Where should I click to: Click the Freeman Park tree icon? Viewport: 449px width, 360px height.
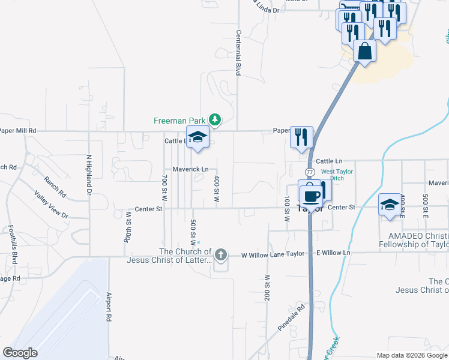(214, 121)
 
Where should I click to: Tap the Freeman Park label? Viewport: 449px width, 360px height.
(180, 121)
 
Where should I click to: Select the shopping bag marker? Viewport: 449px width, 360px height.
(364, 52)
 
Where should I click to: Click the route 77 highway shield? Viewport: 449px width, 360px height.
(310, 172)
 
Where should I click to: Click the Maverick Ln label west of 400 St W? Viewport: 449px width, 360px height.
(191, 169)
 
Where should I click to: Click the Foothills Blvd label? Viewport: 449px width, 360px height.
(13, 245)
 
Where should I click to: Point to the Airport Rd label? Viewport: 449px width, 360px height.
(109, 306)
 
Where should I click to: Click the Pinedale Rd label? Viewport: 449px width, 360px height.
(292, 319)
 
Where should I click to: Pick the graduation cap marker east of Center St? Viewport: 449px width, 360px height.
(390, 205)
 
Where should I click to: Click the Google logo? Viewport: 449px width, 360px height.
(20, 353)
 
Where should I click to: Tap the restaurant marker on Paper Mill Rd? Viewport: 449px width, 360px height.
(301, 137)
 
